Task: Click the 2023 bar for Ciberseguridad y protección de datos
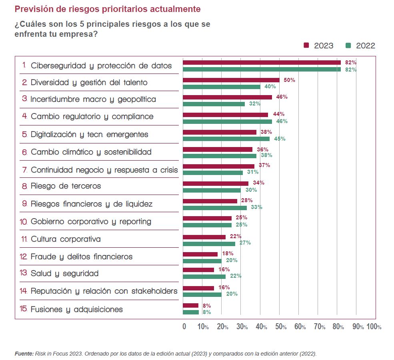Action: (262, 62)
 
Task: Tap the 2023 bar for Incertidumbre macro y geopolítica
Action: (227, 97)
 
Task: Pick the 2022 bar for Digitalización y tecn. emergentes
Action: (226, 139)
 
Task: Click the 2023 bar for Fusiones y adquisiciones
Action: (190, 306)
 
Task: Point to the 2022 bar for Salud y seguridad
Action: (204, 276)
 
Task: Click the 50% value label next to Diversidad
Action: (289, 80)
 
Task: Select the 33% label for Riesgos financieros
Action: (256, 207)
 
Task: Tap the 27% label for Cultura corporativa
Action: (245, 243)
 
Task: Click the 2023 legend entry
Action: (318, 46)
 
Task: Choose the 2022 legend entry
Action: (360, 46)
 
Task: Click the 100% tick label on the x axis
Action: (374, 326)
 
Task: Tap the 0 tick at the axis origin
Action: (184, 326)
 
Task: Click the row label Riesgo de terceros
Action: (66, 186)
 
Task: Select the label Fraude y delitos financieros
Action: (81, 257)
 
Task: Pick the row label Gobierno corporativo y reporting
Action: (91, 221)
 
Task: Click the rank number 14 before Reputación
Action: (23, 291)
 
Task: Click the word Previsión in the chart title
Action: (32, 8)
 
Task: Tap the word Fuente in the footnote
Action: (24, 354)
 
